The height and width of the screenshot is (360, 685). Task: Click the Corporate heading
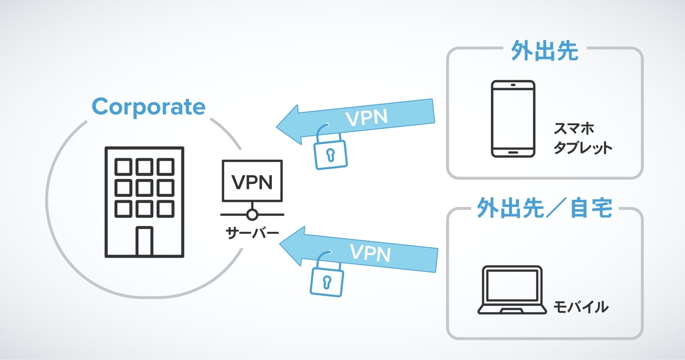[x=148, y=107]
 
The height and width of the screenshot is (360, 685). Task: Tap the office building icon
[x=144, y=202]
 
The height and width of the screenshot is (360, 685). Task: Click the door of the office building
[x=144, y=241]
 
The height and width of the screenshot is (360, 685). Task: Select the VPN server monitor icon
[x=253, y=181]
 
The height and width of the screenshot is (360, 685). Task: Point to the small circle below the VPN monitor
[x=253, y=215]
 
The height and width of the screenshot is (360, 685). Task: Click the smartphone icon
[x=513, y=119]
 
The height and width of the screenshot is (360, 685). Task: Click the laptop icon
[x=513, y=290]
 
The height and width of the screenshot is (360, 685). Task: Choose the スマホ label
[x=574, y=129]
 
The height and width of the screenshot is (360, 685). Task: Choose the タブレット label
[x=582, y=148]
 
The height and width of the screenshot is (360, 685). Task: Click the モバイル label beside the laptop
[x=581, y=307]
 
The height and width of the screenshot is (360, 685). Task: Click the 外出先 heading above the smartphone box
[x=545, y=51]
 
